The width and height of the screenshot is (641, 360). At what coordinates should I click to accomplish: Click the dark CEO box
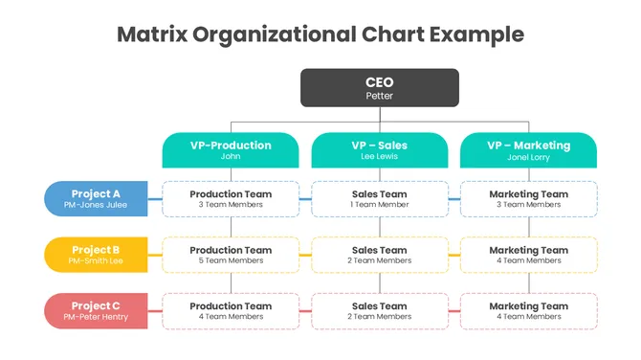pos(380,87)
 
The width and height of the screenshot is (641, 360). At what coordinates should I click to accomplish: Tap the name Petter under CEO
pos(380,96)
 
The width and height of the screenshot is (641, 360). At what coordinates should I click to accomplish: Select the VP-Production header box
pos(231,149)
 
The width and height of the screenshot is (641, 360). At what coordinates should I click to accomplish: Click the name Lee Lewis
pos(380,156)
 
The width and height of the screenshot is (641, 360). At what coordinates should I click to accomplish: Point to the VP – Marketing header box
pos(528,149)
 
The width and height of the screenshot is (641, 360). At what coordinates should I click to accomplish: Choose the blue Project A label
pos(97,198)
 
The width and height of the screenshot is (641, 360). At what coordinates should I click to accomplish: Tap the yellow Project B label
pos(97,255)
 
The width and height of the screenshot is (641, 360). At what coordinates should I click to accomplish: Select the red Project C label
pos(97,311)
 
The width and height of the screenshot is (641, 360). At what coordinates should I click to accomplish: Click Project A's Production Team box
pos(231,199)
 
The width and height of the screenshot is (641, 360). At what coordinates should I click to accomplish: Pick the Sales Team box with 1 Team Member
pos(380,199)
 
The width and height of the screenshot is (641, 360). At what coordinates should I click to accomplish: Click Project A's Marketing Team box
pos(529,199)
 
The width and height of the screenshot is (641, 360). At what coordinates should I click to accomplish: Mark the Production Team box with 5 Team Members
pos(231,255)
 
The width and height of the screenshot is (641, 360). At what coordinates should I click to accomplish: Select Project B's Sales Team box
pos(380,255)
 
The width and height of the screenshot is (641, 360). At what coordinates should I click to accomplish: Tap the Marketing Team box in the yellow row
pos(529,255)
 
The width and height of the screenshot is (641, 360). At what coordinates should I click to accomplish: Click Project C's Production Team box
pos(231,311)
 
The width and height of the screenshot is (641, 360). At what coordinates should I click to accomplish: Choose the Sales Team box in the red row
pos(380,311)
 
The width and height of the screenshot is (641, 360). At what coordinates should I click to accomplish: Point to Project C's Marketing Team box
pos(529,311)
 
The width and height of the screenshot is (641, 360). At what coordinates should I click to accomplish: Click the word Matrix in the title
pos(151,34)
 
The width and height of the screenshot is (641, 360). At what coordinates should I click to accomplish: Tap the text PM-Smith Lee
pos(96,260)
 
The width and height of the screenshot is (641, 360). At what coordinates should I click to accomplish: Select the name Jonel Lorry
pos(528,156)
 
